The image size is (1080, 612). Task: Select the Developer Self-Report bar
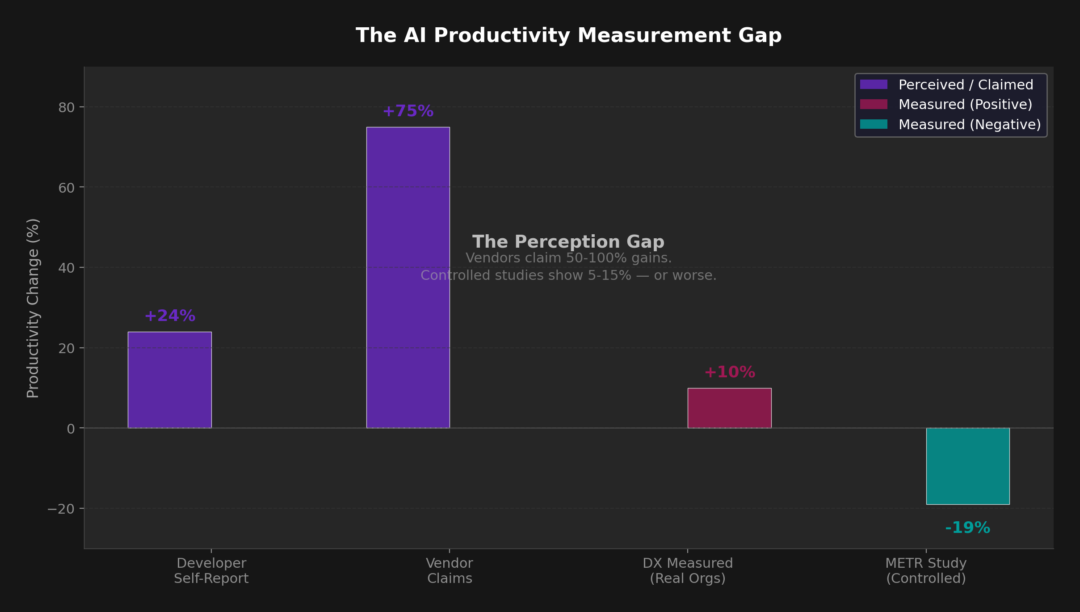pyautogui.click(x=169, y=380)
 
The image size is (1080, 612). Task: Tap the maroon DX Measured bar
pyautogui.click(x=729, y=408)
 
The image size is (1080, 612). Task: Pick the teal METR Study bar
pyautogui.click(x=967, y=466)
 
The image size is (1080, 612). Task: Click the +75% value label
pyautogui.click(x=408, y=111)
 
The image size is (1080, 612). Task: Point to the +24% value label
pyautogui.click(x=170, y=316)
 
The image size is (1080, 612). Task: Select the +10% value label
pyautogui.click(x=729, y=372)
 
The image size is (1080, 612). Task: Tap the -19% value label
pyautogui.click(x=967, y=528)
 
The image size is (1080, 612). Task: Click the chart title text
pyautogui.click(x=568, y=36)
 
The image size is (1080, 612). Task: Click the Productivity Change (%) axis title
pyautogui.click(x=33, y=308)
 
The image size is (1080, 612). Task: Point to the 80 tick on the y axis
pyautogui.click(x=66, y=107)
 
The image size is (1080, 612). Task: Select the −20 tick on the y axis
pyautogui.click(x=60, y=509)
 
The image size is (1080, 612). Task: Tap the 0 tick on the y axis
pyautogui.click(x=71, y=429)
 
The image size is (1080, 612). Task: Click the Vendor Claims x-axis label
pyautogui.click(x=450, y=570)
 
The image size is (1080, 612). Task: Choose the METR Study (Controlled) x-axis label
pyautogui.click(x=926, y=570)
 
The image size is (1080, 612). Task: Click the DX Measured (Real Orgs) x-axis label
pyautogui.click(x=688, y=570)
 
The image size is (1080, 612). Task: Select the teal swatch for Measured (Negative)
pyautogui.click(x=874, y=124)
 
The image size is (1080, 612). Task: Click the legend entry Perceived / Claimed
pyautogui.click(x=966, y=84)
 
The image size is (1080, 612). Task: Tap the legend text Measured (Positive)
pyautogui.click(x=965, y=104)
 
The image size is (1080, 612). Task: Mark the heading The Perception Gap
pyautogui.click(x=568, y=242)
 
